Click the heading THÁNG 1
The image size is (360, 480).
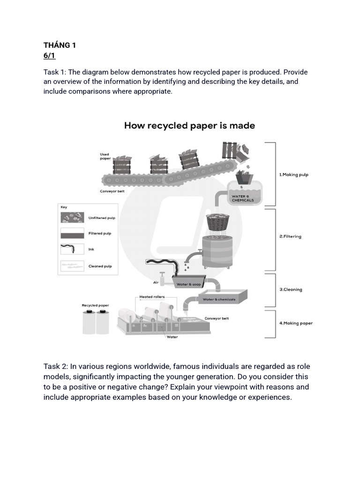[60, 45]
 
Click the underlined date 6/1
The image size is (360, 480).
[49, 56]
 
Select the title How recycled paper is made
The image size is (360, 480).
[189, 126]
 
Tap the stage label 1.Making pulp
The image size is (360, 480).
[294, 174]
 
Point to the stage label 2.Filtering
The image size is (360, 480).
[291, 236]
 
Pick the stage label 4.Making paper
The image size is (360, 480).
[296, 323]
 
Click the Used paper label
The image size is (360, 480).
[105, 156]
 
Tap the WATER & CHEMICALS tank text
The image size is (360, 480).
[243, 198]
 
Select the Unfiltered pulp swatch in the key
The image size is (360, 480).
[72, 217]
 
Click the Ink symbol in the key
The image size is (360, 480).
[72, 249]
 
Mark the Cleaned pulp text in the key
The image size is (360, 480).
[100, 266]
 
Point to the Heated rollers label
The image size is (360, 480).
[152, 297]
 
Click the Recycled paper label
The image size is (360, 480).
[95, 305]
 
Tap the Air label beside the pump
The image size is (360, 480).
[156, 283]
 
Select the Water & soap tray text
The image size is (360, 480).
[188, 285]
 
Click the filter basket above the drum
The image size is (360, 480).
[217, 222]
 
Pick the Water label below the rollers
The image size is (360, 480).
[172, 337]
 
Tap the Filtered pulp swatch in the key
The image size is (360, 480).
[72, 233]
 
